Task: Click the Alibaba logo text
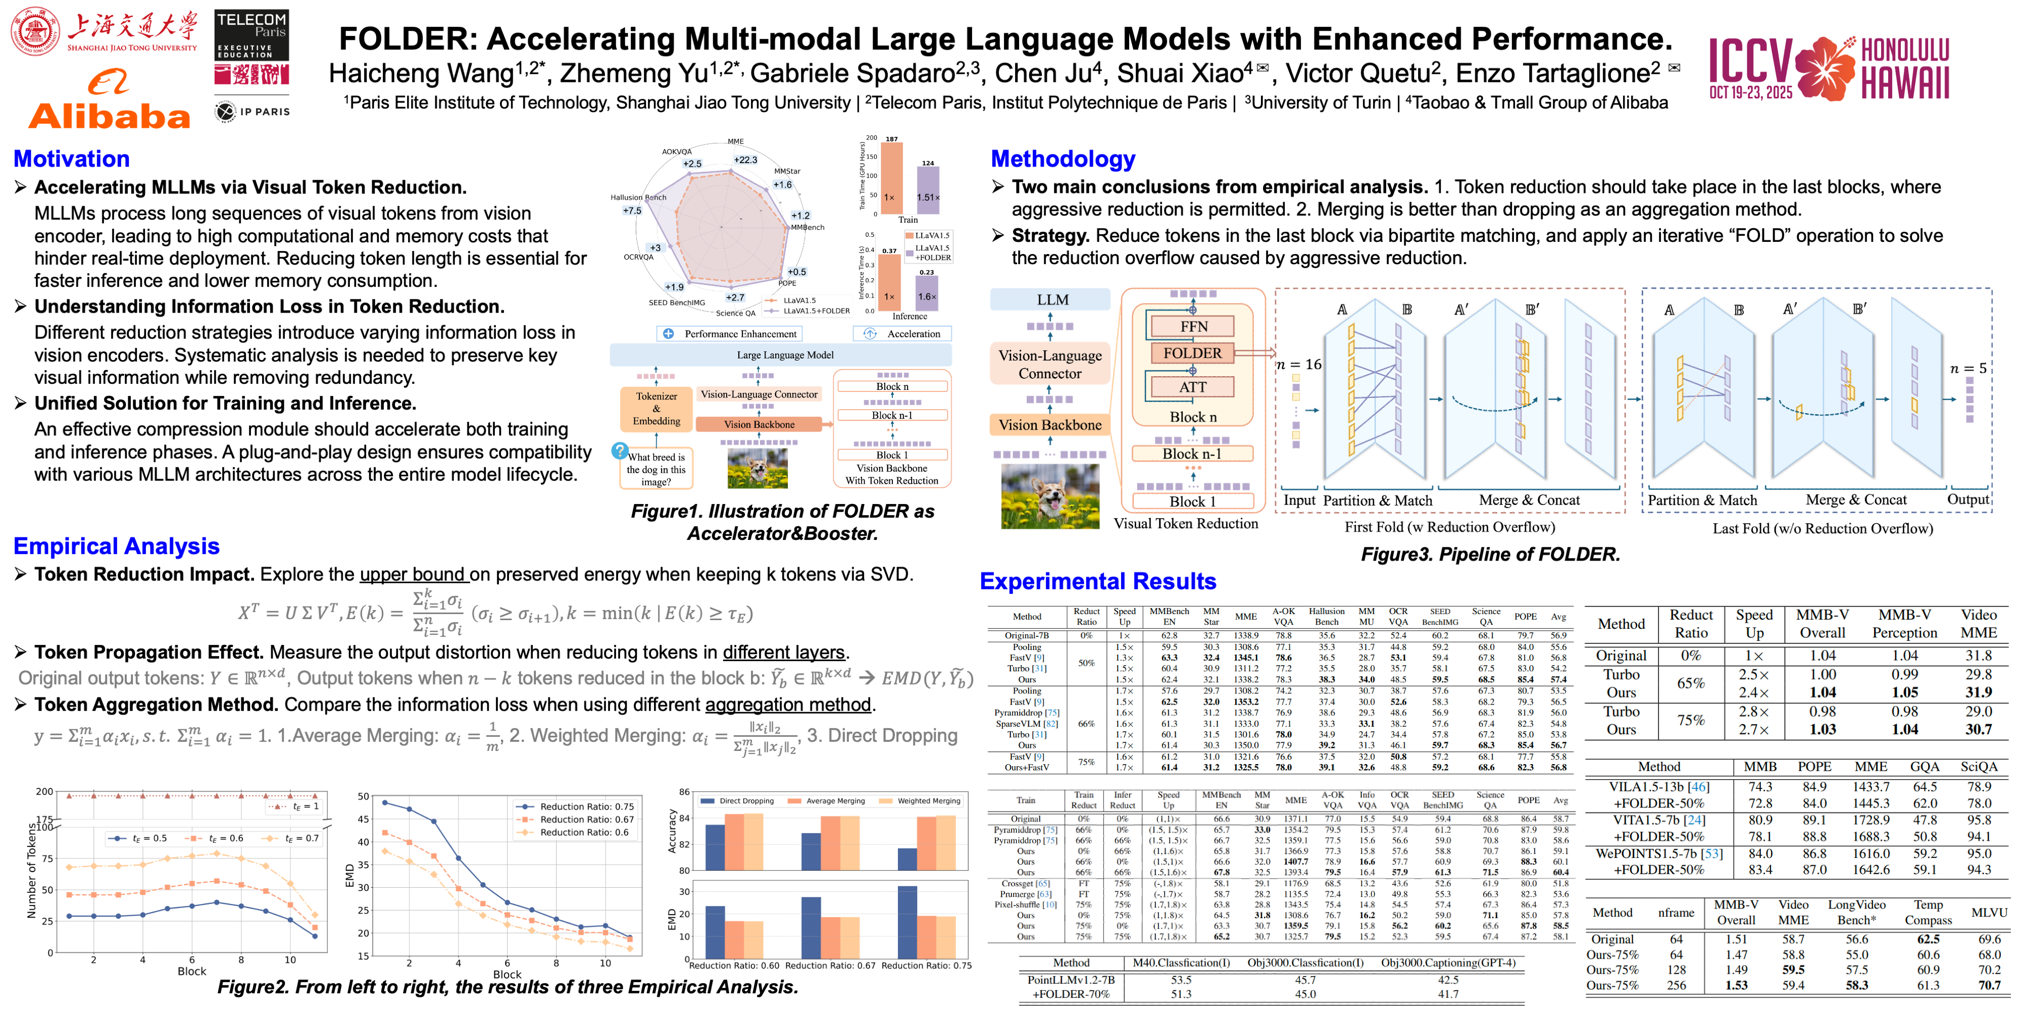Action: pyautogui.click(x=110, y=117)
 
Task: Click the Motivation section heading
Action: pyautogui.click(x=71, y=159)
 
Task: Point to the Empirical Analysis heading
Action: pyautogui.click(x=116, y=546)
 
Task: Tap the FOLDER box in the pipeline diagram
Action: pyautogui.click(x=1192, y=353)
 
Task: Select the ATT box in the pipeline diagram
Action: pyautogui.click(x=1192, y=387)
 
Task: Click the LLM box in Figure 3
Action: pyautogui.click(x=1051, y=299)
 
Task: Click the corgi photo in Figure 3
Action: pyautogui.click(x=1050, y=495)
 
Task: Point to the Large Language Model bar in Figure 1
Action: pyautogui.click(x=784, y=355)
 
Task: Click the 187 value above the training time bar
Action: pyautogui.click(x=892, y=139)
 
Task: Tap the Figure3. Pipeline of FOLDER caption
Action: pyautogui.click(x=1490, y=554)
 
